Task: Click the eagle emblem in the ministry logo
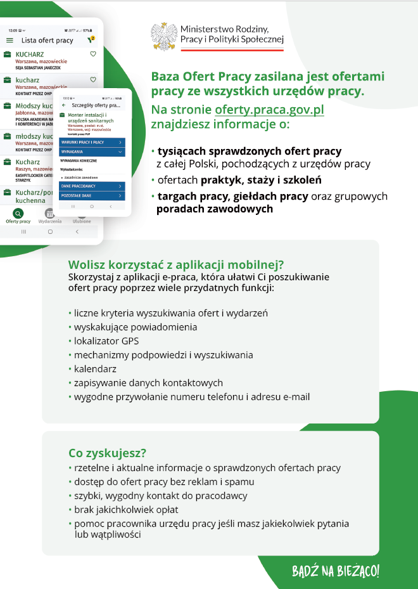coord(165,37)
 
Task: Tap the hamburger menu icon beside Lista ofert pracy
coord(9,41)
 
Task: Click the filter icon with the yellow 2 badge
coord(91,40)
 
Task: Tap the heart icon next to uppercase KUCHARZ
coord(93,55)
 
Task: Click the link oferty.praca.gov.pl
coord(269,110)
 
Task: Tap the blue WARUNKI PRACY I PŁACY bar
coord(92,143)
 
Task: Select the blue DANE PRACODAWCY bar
coord(92,186)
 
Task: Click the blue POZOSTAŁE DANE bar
coord(92,196)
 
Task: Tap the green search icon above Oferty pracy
coord(18,214)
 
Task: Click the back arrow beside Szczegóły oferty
coord(63,105)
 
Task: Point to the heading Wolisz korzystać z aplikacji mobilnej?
coord(175,265)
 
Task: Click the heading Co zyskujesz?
coord(108,453)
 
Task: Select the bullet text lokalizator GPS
coord(106,341)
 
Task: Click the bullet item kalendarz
coord(95,369)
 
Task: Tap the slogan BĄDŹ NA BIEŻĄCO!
coord(336,571)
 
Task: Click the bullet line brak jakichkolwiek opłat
coord(126,510)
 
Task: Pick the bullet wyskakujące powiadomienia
coord(135,327)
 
